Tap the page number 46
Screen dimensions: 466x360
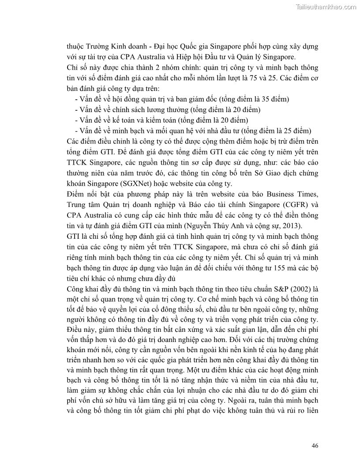[315, 445]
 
